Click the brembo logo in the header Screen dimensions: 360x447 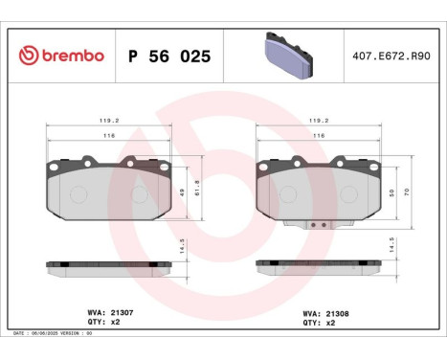point(59,56)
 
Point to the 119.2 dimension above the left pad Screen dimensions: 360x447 point(112,122)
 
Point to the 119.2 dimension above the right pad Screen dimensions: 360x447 point(319,122)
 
